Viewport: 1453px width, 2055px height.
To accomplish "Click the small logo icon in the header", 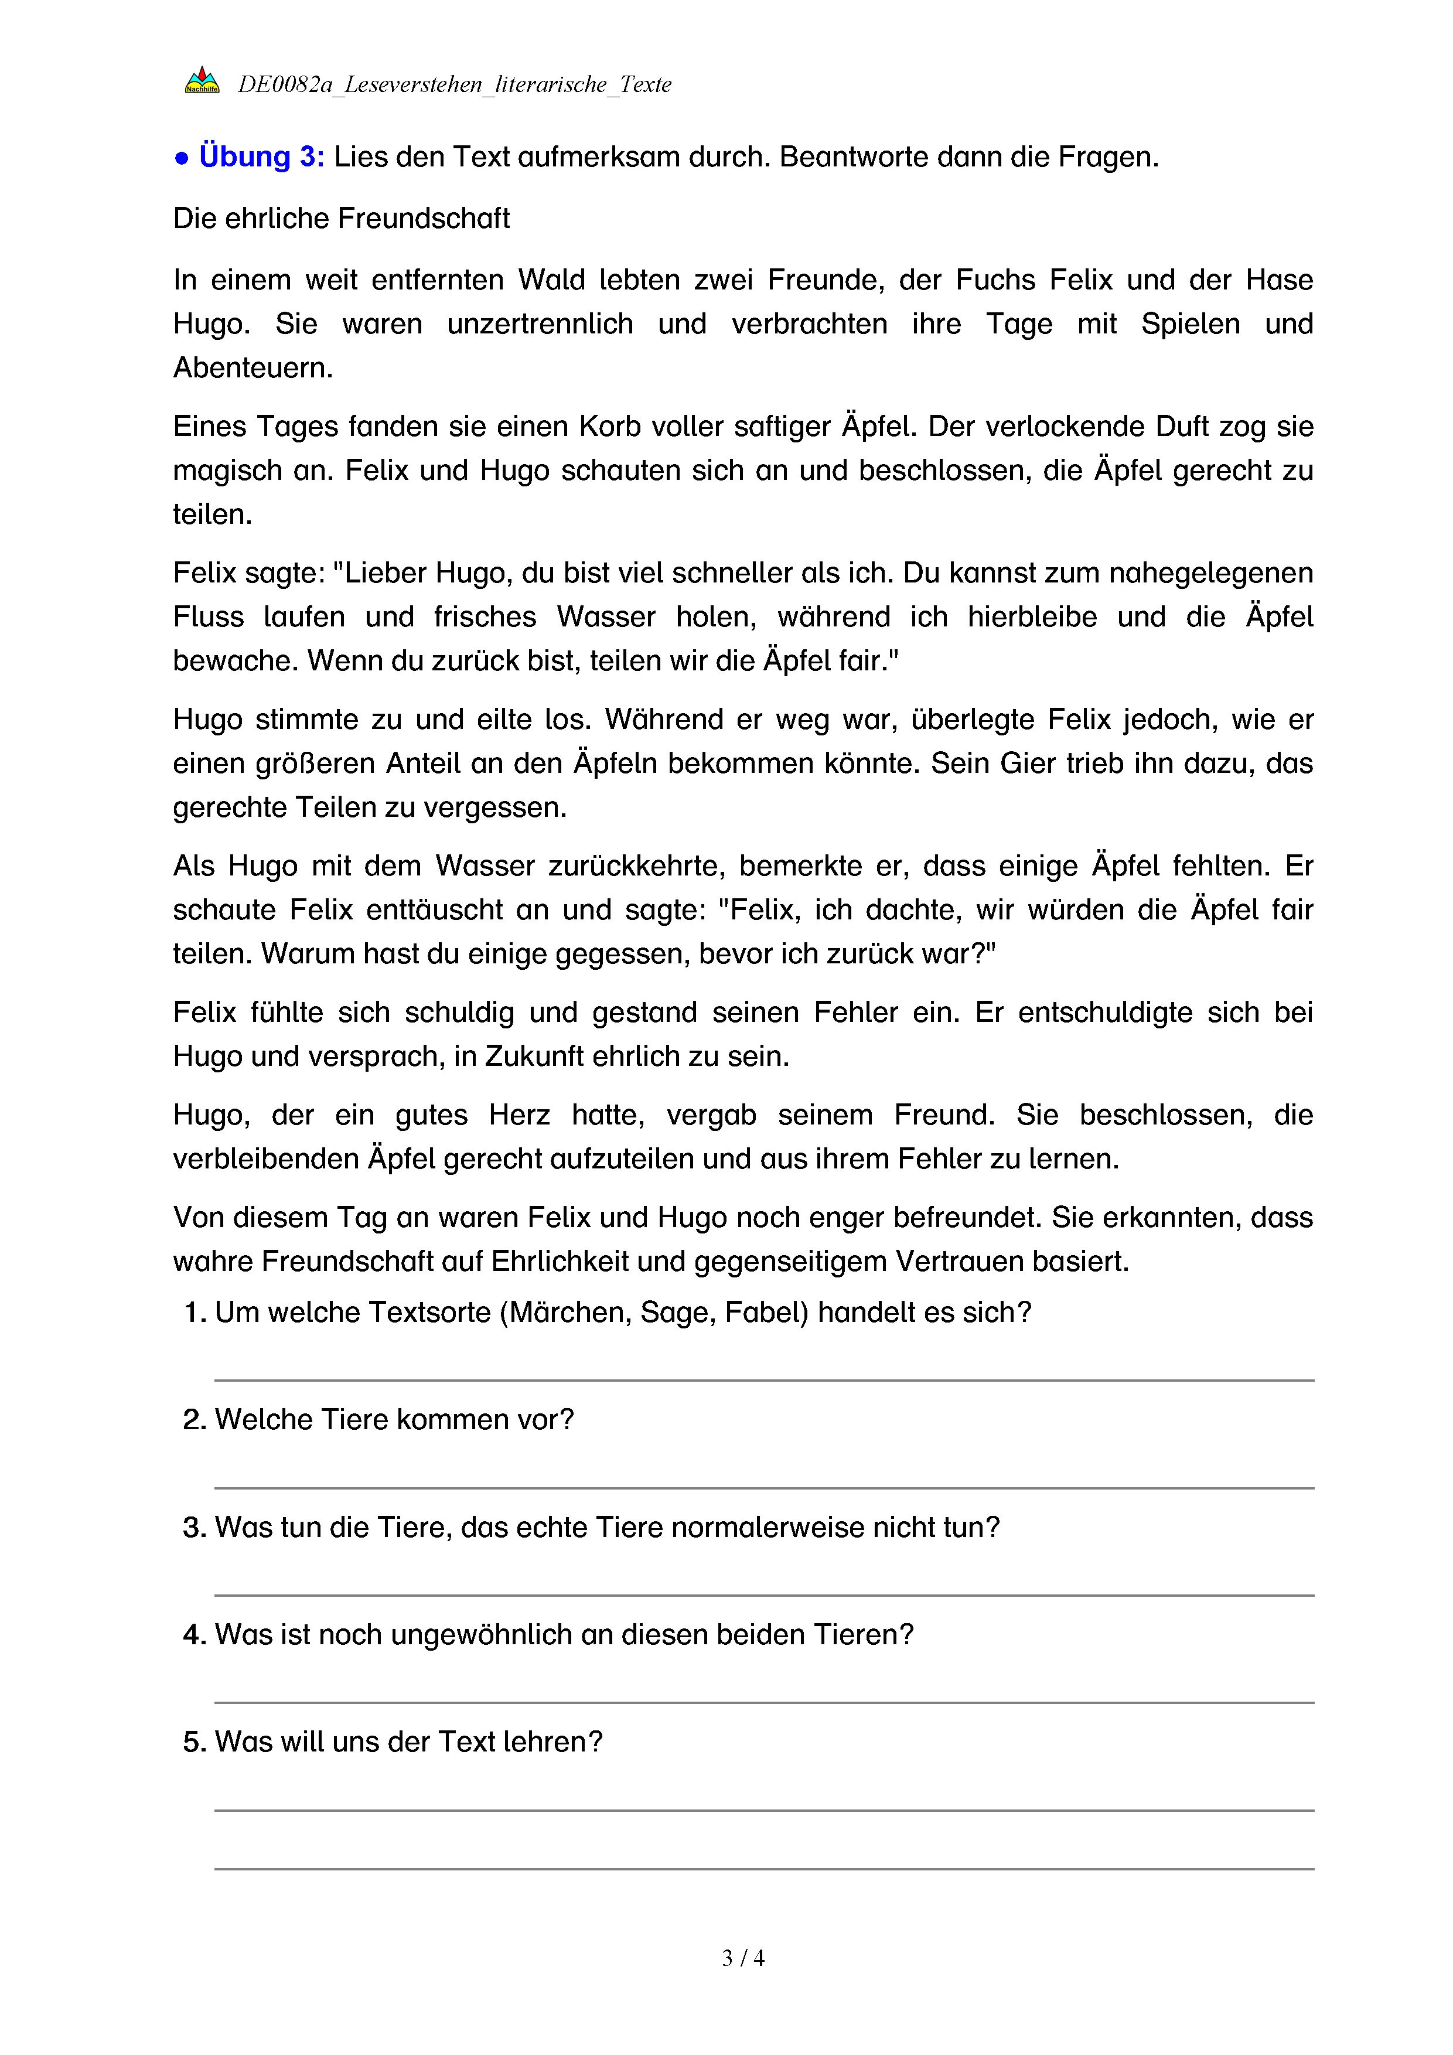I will tap(202, 80).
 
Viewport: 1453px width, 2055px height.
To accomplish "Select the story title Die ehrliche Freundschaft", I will tap(341, 219).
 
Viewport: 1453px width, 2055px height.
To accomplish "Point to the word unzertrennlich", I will tap(540, 324).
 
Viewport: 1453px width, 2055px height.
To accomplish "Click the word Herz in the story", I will tap(519, 1115).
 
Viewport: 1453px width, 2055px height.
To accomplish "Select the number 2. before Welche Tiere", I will tap(194, 1420).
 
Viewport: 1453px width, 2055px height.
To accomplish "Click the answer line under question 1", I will tap(763, 1379).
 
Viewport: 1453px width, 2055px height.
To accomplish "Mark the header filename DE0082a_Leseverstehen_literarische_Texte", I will tap(453, 85).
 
